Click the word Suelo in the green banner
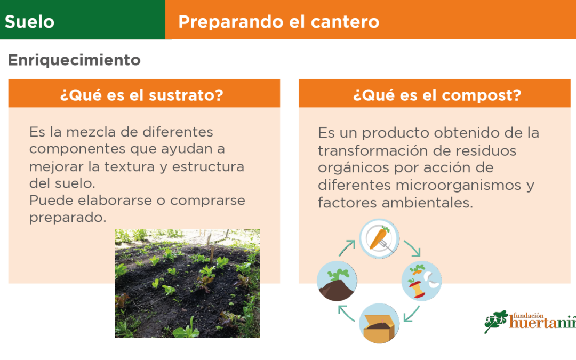[x=29, y=22]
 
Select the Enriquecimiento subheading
[x=74, y=60]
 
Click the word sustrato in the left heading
[x=186, y=95]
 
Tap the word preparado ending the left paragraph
[x=68, y=218]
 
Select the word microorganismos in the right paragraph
[x=459, y=185]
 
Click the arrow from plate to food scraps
[x=412, y=248]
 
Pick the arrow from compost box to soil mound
[x=346, y=314]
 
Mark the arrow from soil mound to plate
[x=347, y=248]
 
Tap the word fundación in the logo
[x=528, y=315]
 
